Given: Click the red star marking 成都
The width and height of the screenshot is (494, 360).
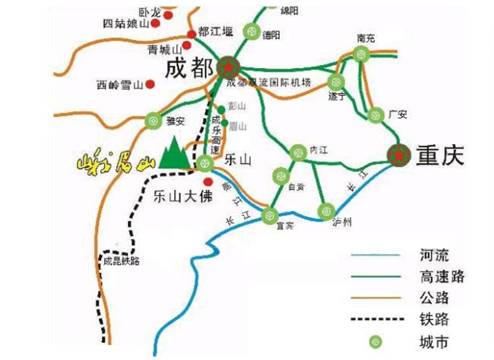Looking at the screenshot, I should [x=228, y=67].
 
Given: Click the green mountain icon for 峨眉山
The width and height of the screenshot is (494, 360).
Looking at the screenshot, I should [x=175, y=154].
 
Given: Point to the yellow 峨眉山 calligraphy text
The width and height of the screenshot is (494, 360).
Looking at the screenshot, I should [x=110, y=163].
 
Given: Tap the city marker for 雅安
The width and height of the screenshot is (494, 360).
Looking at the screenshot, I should [x=153, y=122].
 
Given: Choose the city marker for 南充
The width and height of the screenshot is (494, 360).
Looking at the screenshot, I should [x=361, y=54].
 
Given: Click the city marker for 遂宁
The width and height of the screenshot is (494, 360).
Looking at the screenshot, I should [x=336, y=82].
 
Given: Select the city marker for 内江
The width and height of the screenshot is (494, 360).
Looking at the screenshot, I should [x=297, y=152].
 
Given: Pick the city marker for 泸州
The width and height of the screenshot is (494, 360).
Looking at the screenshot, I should [x=327, y=210].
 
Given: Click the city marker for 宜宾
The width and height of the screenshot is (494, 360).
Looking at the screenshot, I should [x=270, y=215].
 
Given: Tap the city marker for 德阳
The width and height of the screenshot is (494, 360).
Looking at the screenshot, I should [x=250, y=32].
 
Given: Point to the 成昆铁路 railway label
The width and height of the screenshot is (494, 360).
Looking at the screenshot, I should [x=121, y=261].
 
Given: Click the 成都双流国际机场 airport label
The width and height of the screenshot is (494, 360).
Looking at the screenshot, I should [x=269, y=82].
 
